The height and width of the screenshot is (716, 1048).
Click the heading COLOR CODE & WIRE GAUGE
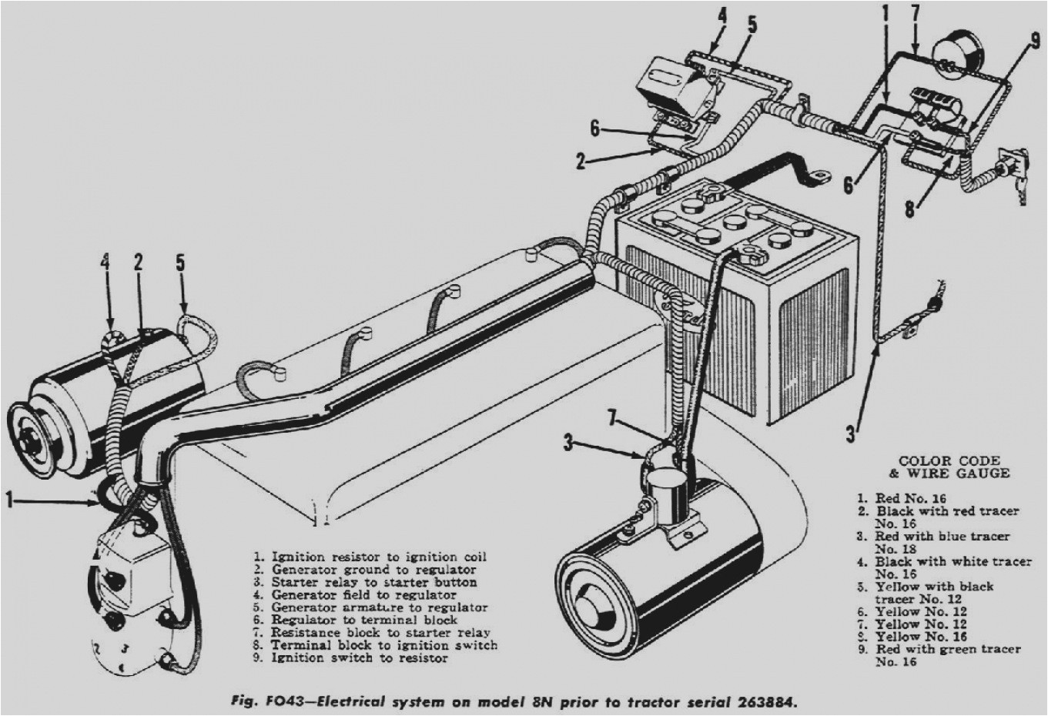tap(949, 467)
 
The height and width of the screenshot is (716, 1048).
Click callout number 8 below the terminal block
tap(910, 208)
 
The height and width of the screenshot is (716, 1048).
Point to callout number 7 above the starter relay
tap(613, 419)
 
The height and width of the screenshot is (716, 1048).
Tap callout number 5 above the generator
tap(180, 263)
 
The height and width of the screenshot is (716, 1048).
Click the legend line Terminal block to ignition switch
tap(383, 645)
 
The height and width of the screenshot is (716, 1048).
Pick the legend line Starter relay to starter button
tap(374, 582)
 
